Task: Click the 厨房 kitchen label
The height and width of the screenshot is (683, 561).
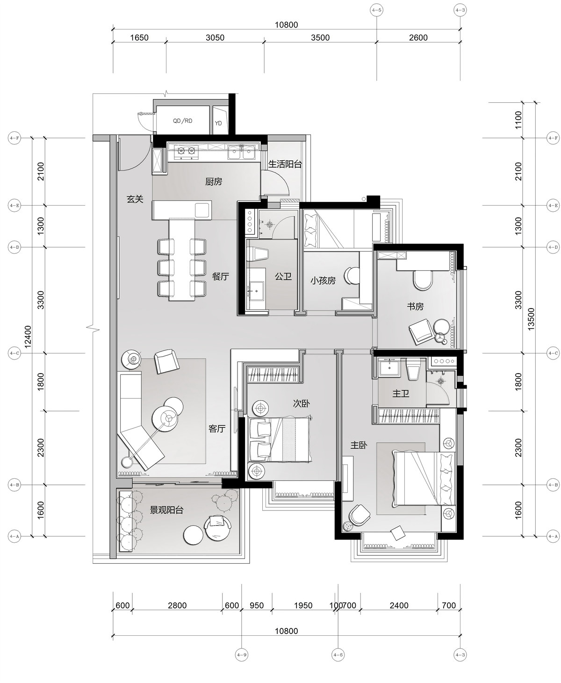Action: [214, 182]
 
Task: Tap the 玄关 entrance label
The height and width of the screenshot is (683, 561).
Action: [135, 199]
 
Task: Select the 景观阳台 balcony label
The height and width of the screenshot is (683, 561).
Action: [166, 510]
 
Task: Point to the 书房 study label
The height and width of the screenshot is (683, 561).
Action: [415, 306]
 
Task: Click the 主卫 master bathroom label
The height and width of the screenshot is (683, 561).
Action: [401, 394]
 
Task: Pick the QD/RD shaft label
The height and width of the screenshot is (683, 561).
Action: [182, 121]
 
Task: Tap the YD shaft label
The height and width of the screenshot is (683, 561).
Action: [218, 123]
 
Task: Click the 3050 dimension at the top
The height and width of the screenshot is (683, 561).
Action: [215, 37]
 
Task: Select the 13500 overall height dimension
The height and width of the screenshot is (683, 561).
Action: [531, 319]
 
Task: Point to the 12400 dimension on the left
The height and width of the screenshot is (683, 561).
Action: [28, 337]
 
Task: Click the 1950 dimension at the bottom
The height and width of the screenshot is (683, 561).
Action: [303, 605]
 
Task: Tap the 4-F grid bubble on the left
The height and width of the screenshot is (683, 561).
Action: [14, 138]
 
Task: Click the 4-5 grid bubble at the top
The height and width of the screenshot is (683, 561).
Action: [376, 10]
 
